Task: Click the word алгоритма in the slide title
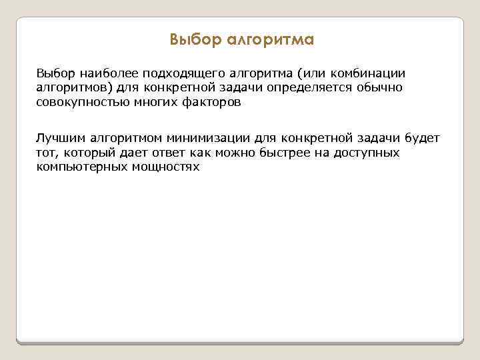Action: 270,40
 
